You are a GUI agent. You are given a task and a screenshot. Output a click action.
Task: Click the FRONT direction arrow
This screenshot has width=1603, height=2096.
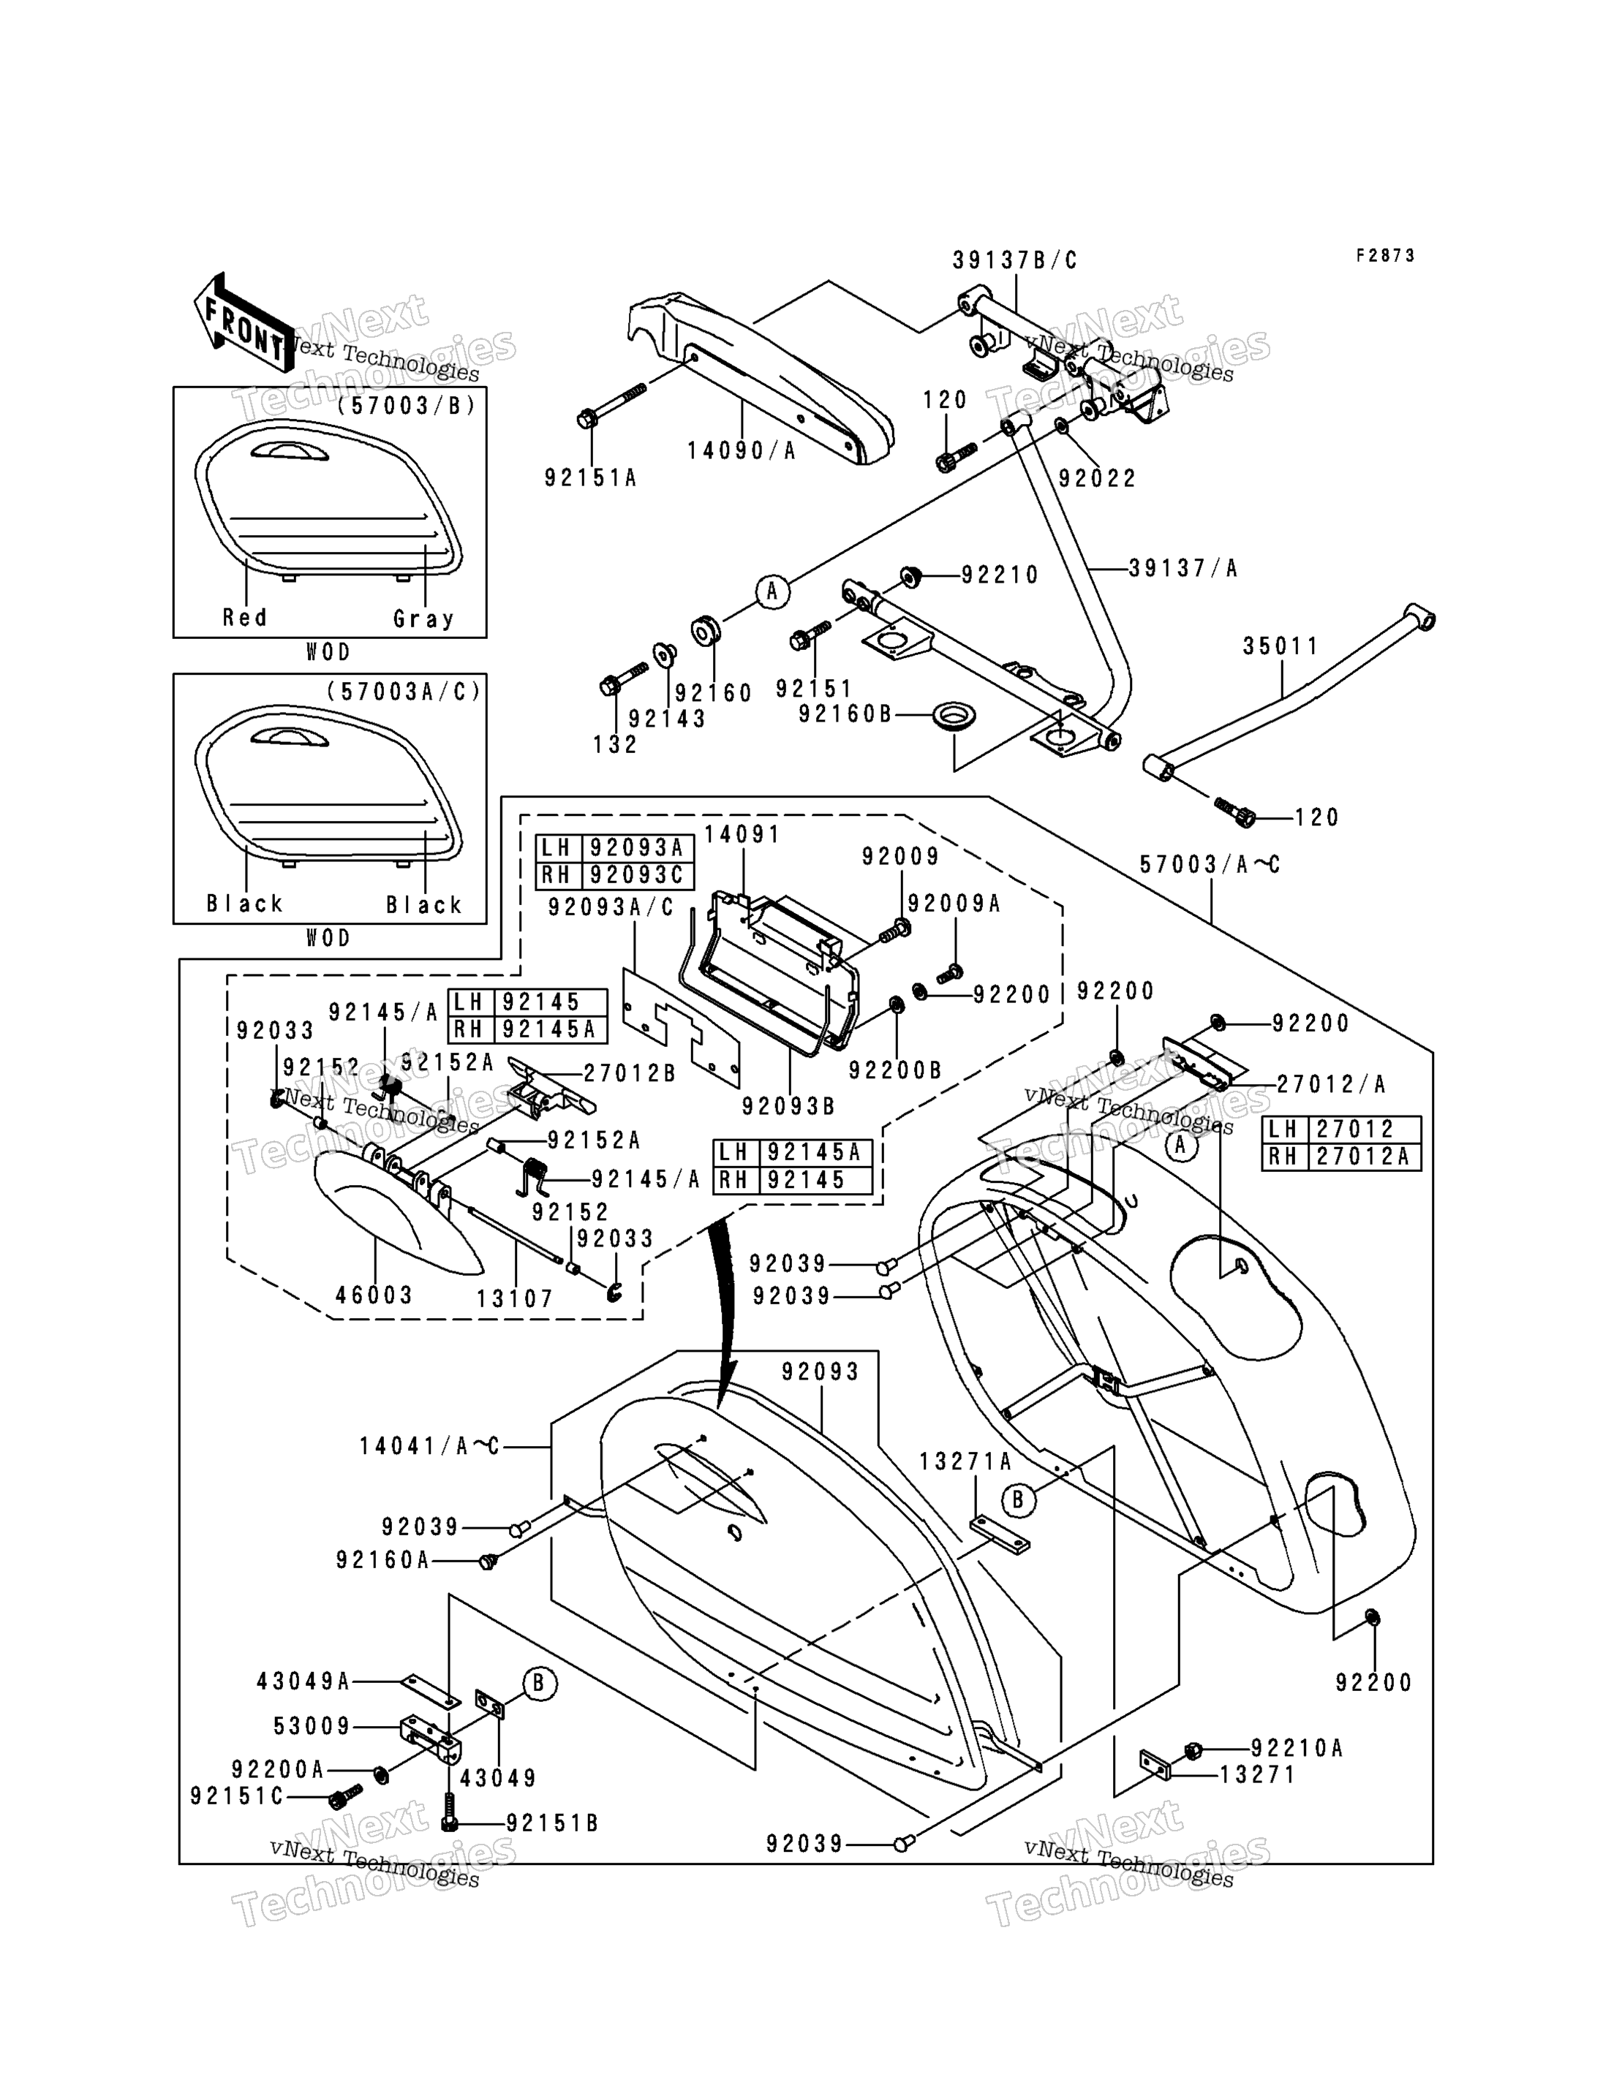244,322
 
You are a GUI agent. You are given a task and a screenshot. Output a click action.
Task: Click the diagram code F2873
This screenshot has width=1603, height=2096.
1387,256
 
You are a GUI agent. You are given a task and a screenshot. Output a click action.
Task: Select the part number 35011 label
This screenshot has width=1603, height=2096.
1280,647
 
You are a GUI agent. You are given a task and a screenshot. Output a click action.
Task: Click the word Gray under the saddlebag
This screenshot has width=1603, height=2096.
423,619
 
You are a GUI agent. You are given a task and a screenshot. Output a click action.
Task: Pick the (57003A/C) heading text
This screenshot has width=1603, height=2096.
404,692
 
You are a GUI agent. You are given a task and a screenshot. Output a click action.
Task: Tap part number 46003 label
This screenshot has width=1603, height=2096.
374,1295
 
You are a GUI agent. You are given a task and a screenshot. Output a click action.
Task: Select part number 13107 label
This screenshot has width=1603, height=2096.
516,1298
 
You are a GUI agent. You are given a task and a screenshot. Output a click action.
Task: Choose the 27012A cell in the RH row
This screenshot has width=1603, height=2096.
1369,1157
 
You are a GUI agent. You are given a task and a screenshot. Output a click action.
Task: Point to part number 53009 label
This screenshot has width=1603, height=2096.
312,1726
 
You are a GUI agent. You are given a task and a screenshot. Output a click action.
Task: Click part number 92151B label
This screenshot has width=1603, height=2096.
551,1823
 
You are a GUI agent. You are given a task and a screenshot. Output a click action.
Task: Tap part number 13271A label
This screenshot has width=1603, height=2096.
965,1461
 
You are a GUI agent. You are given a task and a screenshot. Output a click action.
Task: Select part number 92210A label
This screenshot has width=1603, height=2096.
1297,1748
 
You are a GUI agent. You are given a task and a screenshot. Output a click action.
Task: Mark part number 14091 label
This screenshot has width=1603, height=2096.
742,835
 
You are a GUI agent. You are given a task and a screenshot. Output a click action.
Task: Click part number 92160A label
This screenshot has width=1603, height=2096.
382,1560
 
